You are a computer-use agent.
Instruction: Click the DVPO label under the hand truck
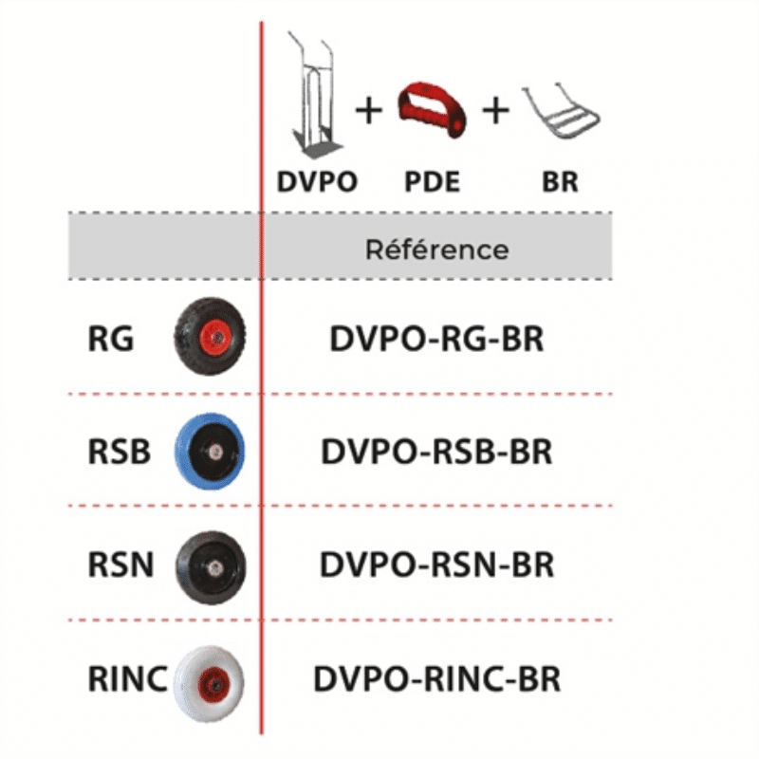317,181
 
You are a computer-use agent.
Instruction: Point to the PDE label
432,181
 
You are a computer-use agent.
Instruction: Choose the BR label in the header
561,181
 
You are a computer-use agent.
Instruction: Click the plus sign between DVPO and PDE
368,111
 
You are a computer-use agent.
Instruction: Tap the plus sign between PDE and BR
495,111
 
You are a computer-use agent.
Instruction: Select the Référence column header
436,250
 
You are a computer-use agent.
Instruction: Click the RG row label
111,339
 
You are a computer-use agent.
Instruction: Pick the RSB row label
119,452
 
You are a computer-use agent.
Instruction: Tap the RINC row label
127,678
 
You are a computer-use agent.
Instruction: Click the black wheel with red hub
209,337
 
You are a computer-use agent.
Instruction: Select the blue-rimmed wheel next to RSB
209,451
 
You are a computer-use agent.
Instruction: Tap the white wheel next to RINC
209,678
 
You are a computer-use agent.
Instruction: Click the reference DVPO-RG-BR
436,339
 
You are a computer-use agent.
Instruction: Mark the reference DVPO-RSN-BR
436,565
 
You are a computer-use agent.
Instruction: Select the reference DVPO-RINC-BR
436,678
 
